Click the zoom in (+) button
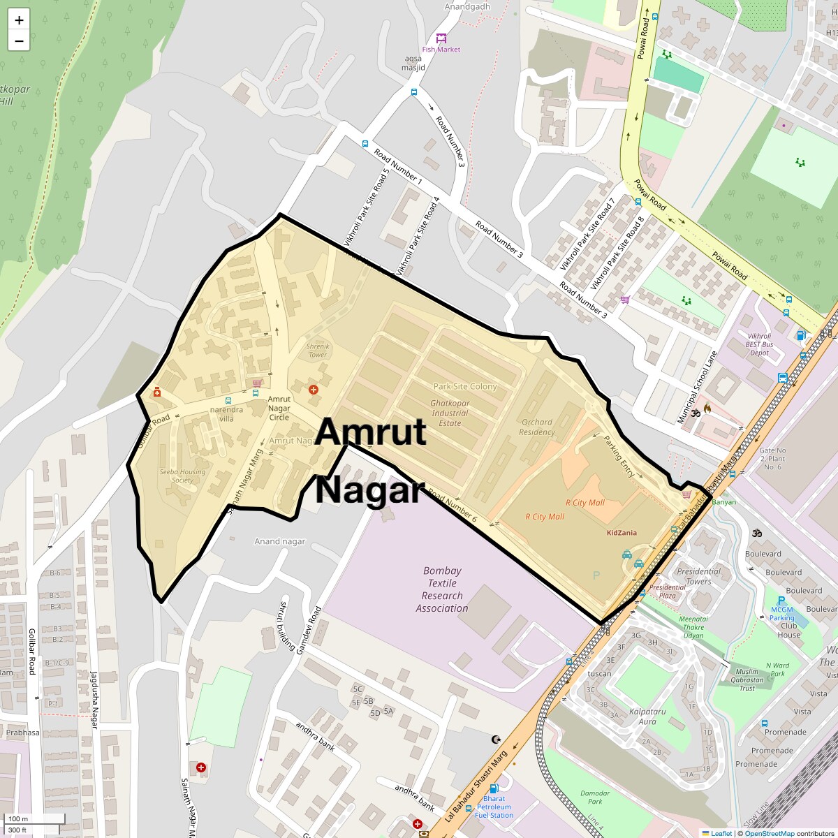point(19,20)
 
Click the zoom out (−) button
point(19,41)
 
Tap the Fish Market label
point(441,50)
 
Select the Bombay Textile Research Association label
point(442,589)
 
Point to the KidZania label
point(622,533)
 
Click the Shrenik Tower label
point(318,351)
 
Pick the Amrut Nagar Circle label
point(279,409)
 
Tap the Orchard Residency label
point(537,427)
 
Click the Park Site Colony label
point(465,386)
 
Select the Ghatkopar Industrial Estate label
point(450,413)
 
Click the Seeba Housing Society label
point(182,476)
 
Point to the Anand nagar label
point(280,541)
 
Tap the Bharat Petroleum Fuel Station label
point(494,807)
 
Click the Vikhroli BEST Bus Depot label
point(759,344)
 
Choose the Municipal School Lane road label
point(698,387)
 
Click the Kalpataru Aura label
point(647,716)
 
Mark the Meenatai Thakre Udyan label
point(693,627)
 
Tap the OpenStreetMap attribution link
point(769,833)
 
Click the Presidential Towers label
point(698,576)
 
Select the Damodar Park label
point(595,797)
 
